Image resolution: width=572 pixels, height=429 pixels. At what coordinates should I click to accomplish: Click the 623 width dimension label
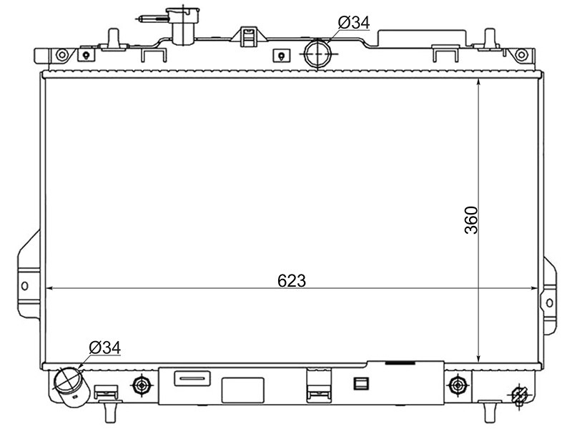tap(292, 280)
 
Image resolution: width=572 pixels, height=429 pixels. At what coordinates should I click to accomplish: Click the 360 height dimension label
tap(471, 220)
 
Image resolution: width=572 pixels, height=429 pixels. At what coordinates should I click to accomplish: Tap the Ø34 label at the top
tap(354, 23)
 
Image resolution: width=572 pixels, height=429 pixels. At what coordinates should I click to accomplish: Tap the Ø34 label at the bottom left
tap(104, 347)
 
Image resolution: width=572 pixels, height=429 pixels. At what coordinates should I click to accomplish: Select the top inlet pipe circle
tap(318, 54)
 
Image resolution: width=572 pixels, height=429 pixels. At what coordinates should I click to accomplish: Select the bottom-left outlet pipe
tap(71, 386)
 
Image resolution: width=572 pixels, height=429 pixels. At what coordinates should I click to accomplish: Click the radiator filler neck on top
tap(182, 26)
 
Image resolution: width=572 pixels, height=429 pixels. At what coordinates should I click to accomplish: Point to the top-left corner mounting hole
tap(61, 55)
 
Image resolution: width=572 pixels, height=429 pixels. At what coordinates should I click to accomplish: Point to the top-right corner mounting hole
tap(521, 55)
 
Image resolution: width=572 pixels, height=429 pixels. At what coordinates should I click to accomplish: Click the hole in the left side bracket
tap(24, 285)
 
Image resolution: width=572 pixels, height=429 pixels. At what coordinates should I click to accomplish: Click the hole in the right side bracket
tap(549, 302)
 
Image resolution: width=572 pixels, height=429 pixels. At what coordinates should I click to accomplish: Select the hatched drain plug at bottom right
tap(520, 395)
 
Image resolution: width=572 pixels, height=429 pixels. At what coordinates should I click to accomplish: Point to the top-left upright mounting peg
tap(114, 39)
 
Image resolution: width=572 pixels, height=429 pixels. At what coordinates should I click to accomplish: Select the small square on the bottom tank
tap(361, 383)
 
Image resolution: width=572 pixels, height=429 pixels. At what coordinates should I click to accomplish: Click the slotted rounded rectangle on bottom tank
tap(192, 378)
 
